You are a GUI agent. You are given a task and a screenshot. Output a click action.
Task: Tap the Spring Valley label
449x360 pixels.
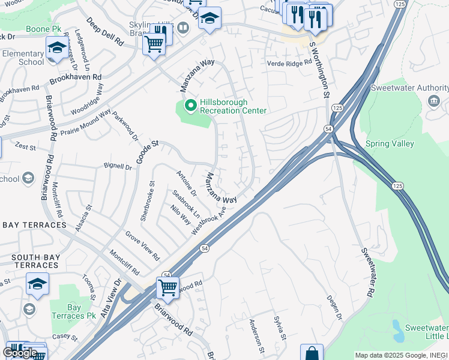[x=390, y=144]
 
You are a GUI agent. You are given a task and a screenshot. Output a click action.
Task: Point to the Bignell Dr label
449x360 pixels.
[x=117, y=167]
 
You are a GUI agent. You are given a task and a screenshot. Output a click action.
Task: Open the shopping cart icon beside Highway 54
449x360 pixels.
[x=167, y=287]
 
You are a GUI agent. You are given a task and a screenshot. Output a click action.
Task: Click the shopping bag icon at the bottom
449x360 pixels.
[x=312, y=354]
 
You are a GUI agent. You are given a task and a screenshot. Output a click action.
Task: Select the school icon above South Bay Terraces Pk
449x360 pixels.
[x=37, y=284]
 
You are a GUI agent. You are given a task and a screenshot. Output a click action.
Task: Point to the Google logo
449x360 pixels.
[x=20, y=353]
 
